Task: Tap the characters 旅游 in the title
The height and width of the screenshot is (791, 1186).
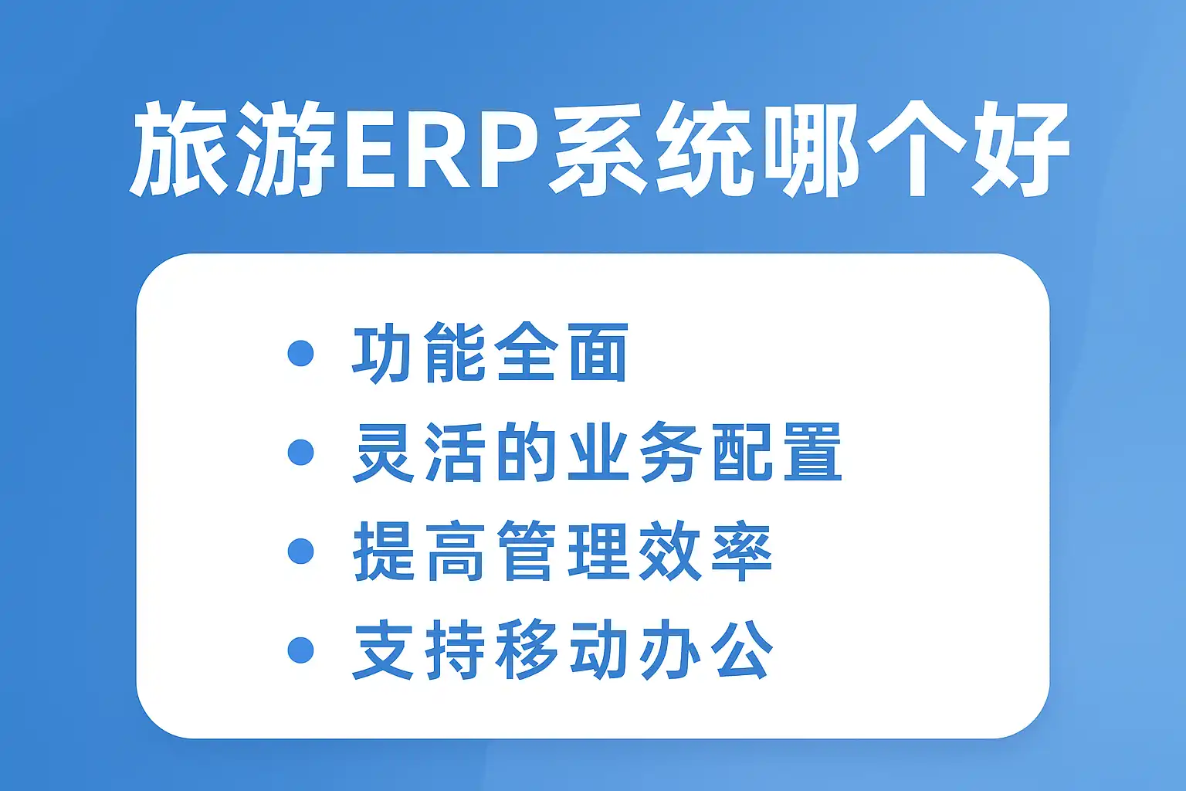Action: click(x=234, y=149)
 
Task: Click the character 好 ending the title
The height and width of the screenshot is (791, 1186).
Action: click(x=1020, y=149)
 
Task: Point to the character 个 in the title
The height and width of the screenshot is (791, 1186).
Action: click(x=916, y=149)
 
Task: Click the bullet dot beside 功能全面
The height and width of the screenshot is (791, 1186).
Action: click(x=300, y=353)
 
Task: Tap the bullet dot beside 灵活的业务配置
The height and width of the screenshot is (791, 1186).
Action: click(x=300, y=452)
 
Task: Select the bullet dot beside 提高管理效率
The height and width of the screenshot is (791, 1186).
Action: click(x=300, y=551)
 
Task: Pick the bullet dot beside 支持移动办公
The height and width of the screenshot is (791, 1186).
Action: click(x=300, y=650)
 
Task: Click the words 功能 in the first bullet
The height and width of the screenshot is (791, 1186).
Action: click(x=418, y=353)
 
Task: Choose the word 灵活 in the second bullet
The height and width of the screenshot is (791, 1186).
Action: click(x=418, y=452)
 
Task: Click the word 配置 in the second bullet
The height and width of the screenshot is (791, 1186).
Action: click(x=778, y=452)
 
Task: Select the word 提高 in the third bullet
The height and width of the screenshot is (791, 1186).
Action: click(x=418, y=551)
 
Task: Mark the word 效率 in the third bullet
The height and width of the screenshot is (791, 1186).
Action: click(x=706, y=551)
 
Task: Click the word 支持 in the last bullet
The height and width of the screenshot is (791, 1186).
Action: click(x=418, y=650)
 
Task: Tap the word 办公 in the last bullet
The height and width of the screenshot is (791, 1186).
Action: click(x=706, y=650)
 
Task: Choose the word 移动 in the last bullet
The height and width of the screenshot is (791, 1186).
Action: click(x=561, y=650)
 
